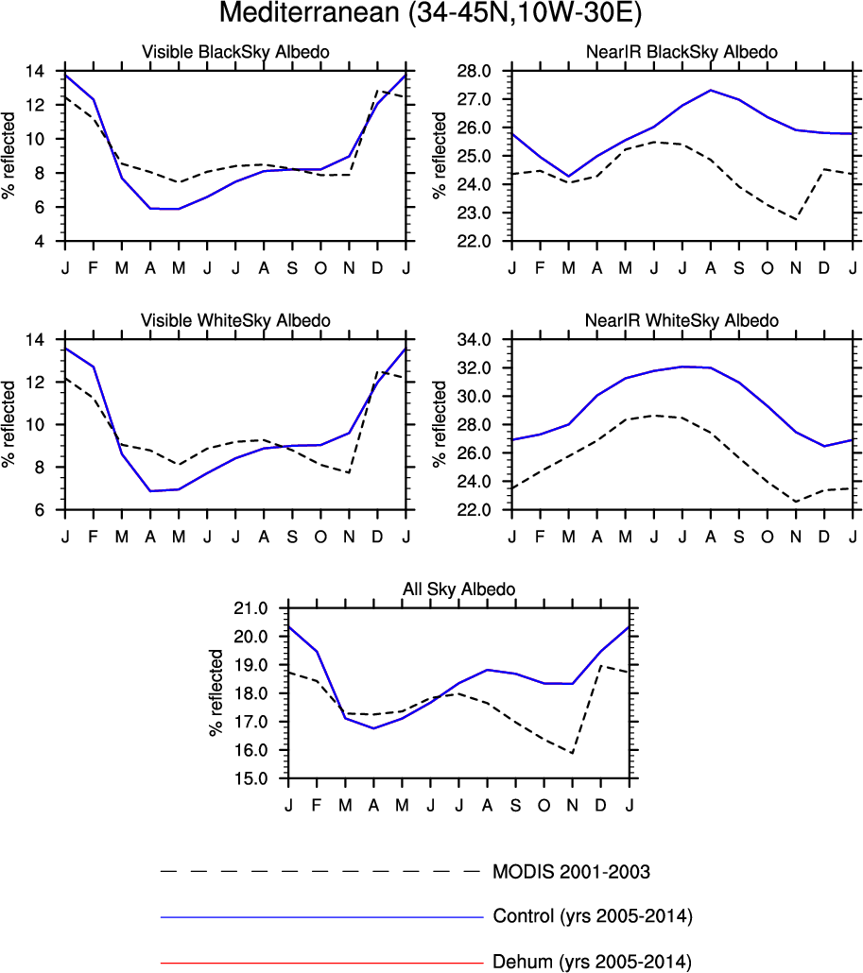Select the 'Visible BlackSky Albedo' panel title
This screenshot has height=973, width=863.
235,53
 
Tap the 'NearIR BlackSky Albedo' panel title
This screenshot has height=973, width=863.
682,53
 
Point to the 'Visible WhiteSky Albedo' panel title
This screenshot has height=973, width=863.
235,321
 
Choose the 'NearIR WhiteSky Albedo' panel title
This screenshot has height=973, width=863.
682,321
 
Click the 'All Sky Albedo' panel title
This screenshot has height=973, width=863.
458,589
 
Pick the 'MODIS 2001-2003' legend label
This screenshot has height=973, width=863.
571,870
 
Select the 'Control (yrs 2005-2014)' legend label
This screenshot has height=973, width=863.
594,916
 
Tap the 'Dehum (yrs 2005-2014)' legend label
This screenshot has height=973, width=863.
592,963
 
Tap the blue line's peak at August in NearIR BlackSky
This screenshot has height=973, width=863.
710,90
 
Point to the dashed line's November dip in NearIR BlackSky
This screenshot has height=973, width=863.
796,219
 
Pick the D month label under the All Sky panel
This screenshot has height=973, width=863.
601,804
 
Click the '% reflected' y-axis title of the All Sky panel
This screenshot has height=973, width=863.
217,692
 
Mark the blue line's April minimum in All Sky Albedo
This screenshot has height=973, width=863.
373,728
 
